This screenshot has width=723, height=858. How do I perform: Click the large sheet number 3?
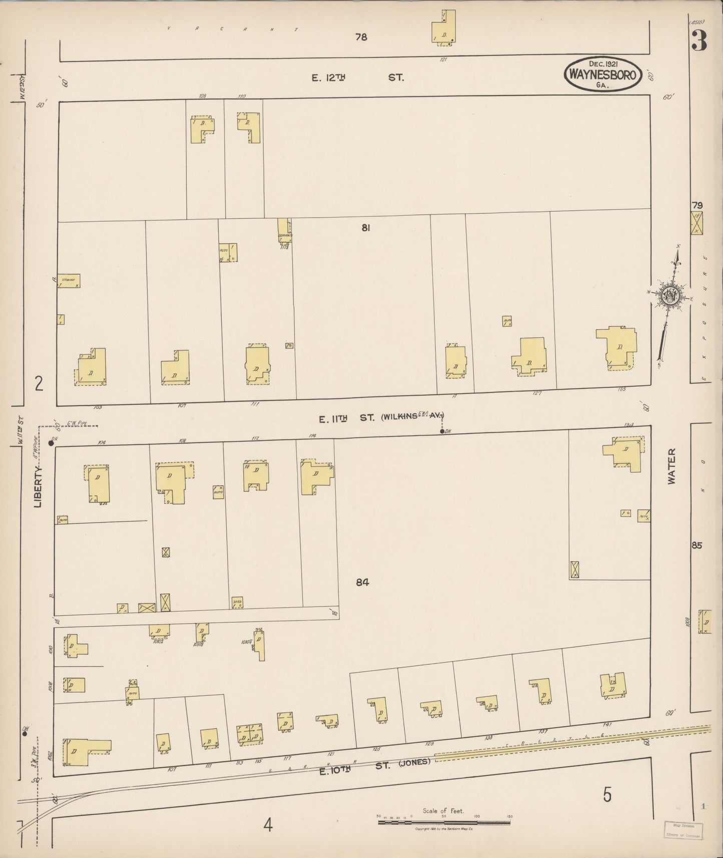[699, 41]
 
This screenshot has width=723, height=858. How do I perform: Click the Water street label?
[671, 466]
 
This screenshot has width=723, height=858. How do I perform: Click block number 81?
[366, 228]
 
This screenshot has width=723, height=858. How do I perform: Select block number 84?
[362, 582]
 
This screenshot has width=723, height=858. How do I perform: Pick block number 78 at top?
[361, 37]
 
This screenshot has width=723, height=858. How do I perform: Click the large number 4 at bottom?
[268, 824]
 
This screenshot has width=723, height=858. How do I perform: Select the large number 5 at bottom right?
[607, 794]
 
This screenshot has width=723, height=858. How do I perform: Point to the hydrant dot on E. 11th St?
[442, 431]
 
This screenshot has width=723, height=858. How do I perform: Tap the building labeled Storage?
[69, 280]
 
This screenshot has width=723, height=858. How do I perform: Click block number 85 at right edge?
[697, 546]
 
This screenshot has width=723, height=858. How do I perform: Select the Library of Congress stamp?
[683, 830]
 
